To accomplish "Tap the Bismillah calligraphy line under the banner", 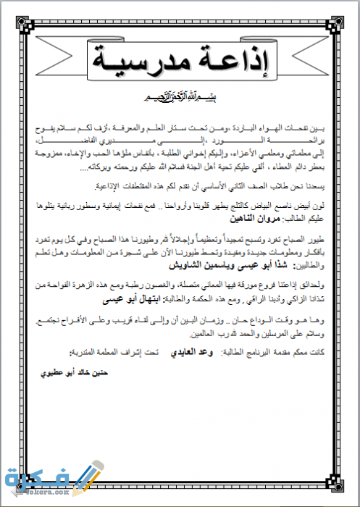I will click(x=180, y=96).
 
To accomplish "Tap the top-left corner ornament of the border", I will click(x=22, y=22).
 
